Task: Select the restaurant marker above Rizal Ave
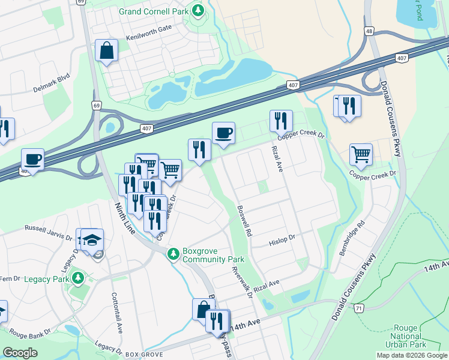click(x=281, y=121)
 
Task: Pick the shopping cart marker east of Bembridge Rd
click(x=361, y=154)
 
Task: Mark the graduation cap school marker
click(x=92, y=240)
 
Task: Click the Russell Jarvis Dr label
click(x=48, y=228)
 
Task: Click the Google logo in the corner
click(x=19, y=353)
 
